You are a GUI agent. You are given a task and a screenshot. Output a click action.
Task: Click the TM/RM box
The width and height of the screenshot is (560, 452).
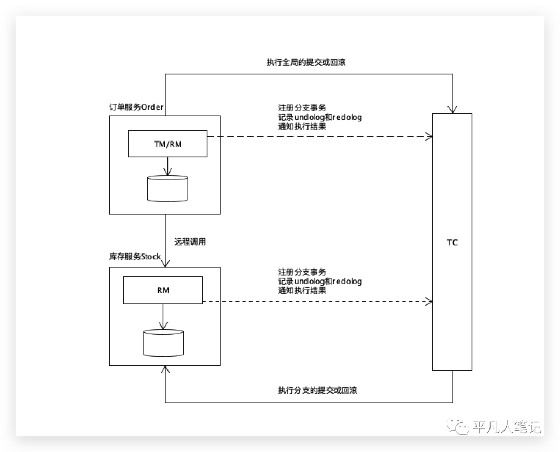[167, 144]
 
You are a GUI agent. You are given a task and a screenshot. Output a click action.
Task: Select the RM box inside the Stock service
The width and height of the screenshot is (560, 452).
[163, 290]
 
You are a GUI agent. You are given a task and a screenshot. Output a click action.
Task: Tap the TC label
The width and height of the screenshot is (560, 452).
[452, 242]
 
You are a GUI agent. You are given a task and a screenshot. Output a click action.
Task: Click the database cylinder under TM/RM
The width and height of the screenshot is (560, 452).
[167, 188]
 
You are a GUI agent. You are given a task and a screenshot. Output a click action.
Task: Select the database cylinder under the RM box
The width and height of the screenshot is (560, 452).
[163, 343]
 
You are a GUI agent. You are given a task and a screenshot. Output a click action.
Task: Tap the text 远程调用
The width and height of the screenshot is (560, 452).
[190, 242]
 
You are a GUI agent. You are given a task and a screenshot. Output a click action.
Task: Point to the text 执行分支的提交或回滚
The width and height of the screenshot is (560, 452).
[317, 390]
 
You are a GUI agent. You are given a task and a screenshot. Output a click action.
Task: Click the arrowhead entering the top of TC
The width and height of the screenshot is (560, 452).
[453, 109]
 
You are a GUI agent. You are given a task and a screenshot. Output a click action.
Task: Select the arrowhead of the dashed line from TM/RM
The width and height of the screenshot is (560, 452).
[429, 136]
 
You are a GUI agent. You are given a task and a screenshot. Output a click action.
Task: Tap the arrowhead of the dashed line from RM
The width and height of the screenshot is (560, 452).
[429, 301]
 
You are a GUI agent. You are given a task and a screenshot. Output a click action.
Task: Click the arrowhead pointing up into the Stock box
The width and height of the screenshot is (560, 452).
[165, 370]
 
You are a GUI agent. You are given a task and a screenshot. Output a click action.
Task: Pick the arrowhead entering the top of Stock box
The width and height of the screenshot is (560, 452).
[165, 263]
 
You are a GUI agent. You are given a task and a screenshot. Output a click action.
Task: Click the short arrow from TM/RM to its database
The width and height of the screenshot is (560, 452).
[167, 166]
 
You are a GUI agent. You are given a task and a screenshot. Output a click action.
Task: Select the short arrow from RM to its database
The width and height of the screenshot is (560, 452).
[163, 316]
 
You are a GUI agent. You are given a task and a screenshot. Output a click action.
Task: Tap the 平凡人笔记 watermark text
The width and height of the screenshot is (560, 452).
[507, 427]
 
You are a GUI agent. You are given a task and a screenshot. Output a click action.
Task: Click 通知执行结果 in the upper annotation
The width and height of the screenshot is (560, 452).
[302, 126]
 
